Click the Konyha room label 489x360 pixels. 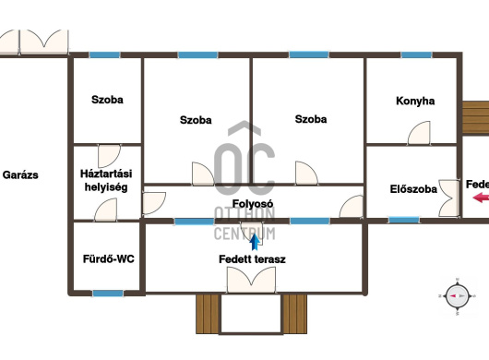(415, 101)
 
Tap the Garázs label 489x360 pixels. (20, 175)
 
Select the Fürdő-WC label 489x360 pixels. (109, 259)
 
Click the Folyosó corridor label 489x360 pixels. (253, 204)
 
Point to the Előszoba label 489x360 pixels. (413, 189)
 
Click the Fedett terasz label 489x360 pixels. (252, 259)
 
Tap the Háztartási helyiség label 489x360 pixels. (106, 180)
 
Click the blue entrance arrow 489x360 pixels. (255, 242)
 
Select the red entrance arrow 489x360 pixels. (481, 198)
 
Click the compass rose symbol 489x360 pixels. (458, 296)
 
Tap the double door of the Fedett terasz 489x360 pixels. (251, 280)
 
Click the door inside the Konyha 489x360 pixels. (419, 133)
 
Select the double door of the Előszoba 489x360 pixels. (449, 198)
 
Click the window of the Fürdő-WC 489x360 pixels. (108, 294)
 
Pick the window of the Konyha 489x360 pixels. (416, 55)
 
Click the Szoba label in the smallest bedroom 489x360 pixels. (107, 100)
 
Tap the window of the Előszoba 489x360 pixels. (404, 221)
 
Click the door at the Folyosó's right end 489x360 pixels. (352, 206)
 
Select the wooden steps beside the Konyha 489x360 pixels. (475, 117)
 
